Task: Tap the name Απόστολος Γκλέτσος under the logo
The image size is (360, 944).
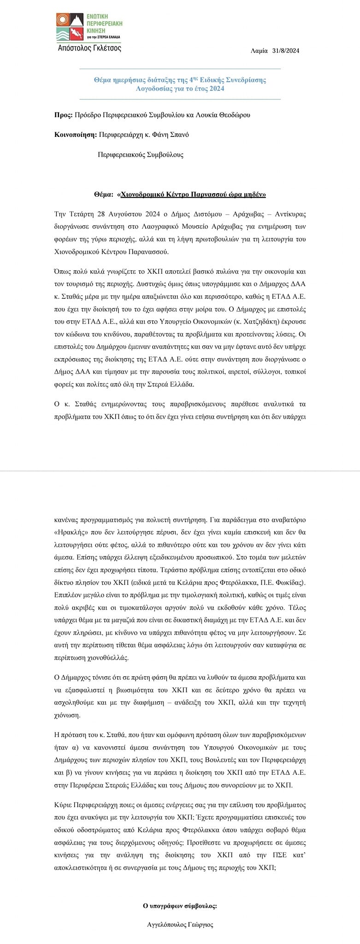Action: (89, 48)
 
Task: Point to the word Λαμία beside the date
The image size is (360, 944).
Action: (260, 51)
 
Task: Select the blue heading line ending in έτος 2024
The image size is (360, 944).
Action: (180, 88)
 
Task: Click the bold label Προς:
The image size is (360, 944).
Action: (63, 115)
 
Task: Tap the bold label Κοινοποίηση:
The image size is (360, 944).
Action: (75, 135)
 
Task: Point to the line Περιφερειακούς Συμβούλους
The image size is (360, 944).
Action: (141, 155)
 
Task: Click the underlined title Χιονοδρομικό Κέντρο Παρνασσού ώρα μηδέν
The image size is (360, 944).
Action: (192, 195)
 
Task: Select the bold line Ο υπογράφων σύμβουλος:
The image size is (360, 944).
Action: (180, 906)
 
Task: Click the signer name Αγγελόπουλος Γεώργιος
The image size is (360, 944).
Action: (180, 924)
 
